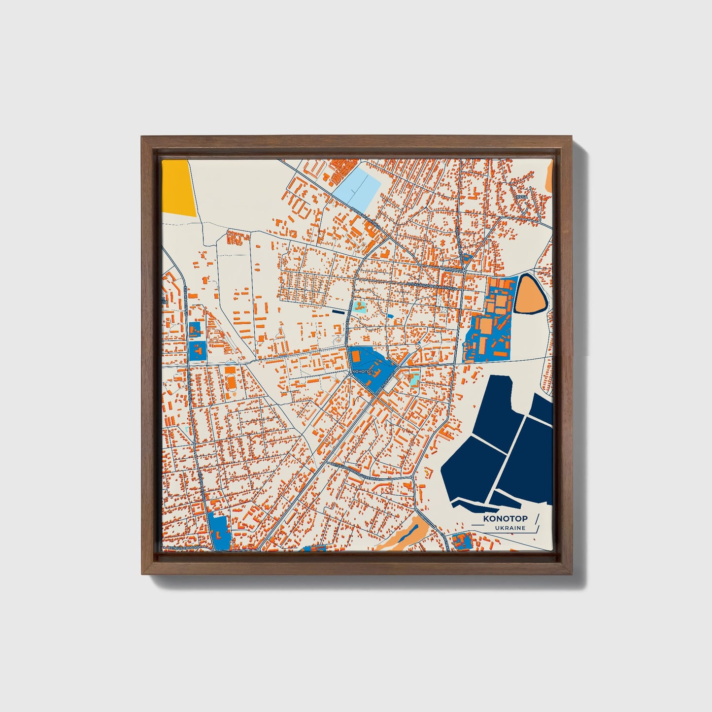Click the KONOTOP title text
505,518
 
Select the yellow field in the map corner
178,187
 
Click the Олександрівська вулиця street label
432,285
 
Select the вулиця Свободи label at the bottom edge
184,547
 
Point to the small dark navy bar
339,311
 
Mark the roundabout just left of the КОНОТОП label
350,374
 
